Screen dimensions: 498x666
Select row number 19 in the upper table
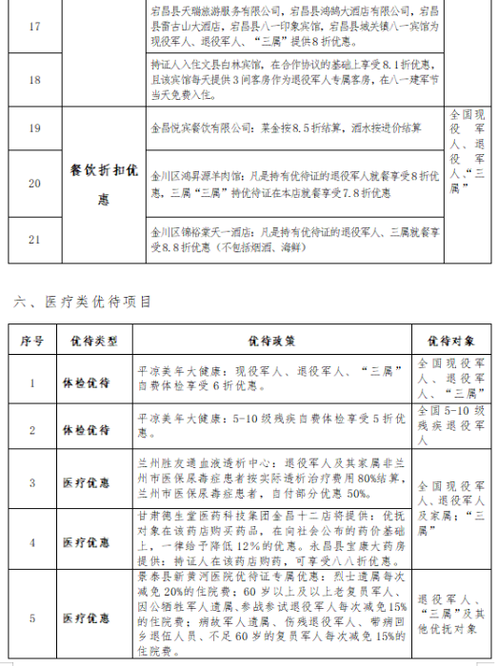tap(35, 127)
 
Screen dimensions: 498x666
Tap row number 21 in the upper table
tap(35, 239)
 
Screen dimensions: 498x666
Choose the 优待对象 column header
tap(453, 340)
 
